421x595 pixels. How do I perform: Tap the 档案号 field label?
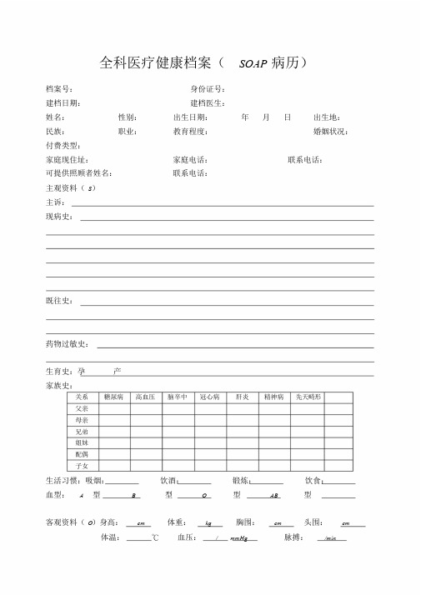[59, 89]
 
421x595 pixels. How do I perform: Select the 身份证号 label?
[208, 89]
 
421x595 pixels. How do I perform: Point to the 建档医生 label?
[208, 102]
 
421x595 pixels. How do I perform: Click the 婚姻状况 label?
[330, 132]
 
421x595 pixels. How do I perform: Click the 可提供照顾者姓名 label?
[78, 173]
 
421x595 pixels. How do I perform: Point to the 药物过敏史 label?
[68, 344]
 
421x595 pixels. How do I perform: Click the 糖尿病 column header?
[113, 397]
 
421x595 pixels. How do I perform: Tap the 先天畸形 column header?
[308, 397]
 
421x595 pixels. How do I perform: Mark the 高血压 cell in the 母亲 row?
[146, 421]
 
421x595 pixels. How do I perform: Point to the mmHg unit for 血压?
[238, 539]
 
